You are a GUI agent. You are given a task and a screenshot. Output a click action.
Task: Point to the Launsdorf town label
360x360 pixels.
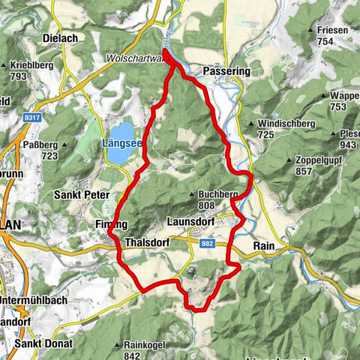pos(190,222)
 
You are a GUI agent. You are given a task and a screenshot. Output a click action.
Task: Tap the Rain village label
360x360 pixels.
pos(266,246)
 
